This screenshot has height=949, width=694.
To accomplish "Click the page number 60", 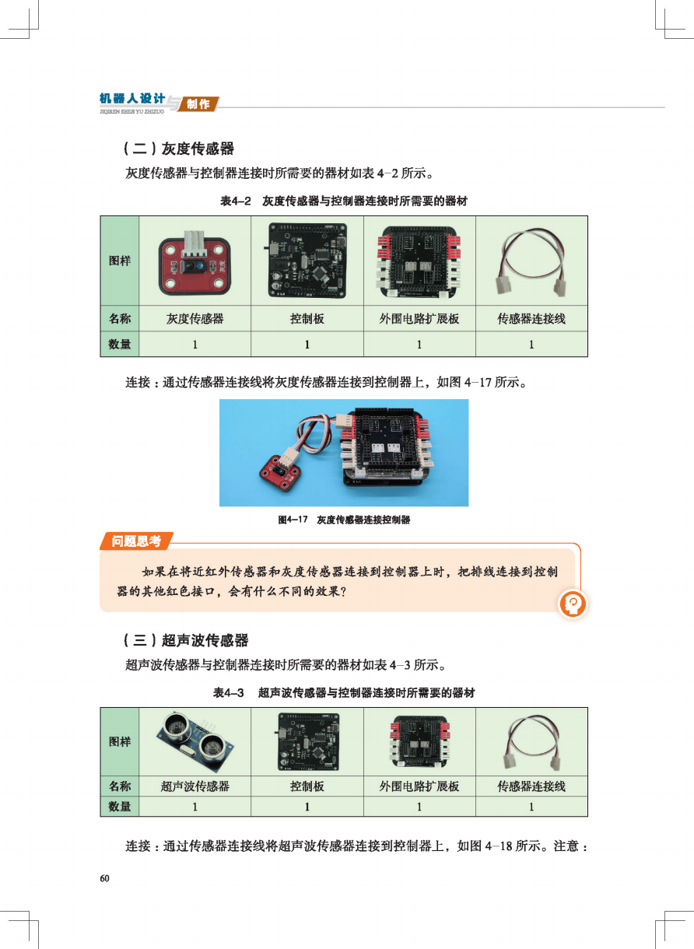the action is point(105,878).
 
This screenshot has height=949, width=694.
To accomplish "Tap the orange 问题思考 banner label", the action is point(136,541).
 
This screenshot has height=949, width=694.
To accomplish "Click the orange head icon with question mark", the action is point(573,604).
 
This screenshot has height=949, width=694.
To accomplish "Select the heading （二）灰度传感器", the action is point(179,149).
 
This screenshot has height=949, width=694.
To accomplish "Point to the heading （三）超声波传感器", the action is point(186,639).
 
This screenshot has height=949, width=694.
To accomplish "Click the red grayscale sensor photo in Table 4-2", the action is point(195,264).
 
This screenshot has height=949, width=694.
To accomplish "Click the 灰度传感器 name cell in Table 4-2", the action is point(195,319).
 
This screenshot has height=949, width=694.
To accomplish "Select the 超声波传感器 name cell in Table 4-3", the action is point(195,786).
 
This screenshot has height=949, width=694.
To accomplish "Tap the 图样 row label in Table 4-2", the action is point(120,261).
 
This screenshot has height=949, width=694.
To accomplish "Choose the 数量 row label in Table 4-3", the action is point(120,806).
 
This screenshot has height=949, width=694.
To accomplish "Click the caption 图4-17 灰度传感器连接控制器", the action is point(344,520).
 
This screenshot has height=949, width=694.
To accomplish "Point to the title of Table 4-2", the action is point(344,201).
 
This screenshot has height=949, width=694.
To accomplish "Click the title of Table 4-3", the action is point(344,692).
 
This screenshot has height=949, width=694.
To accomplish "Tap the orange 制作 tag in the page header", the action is point(198,104).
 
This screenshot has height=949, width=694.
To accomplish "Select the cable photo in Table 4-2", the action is point(531,263).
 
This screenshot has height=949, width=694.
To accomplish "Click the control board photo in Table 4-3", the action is point(307,742).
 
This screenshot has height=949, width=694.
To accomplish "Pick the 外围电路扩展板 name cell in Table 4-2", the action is point(419,319).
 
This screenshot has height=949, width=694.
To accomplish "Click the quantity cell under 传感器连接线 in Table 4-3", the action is point(531,806).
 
